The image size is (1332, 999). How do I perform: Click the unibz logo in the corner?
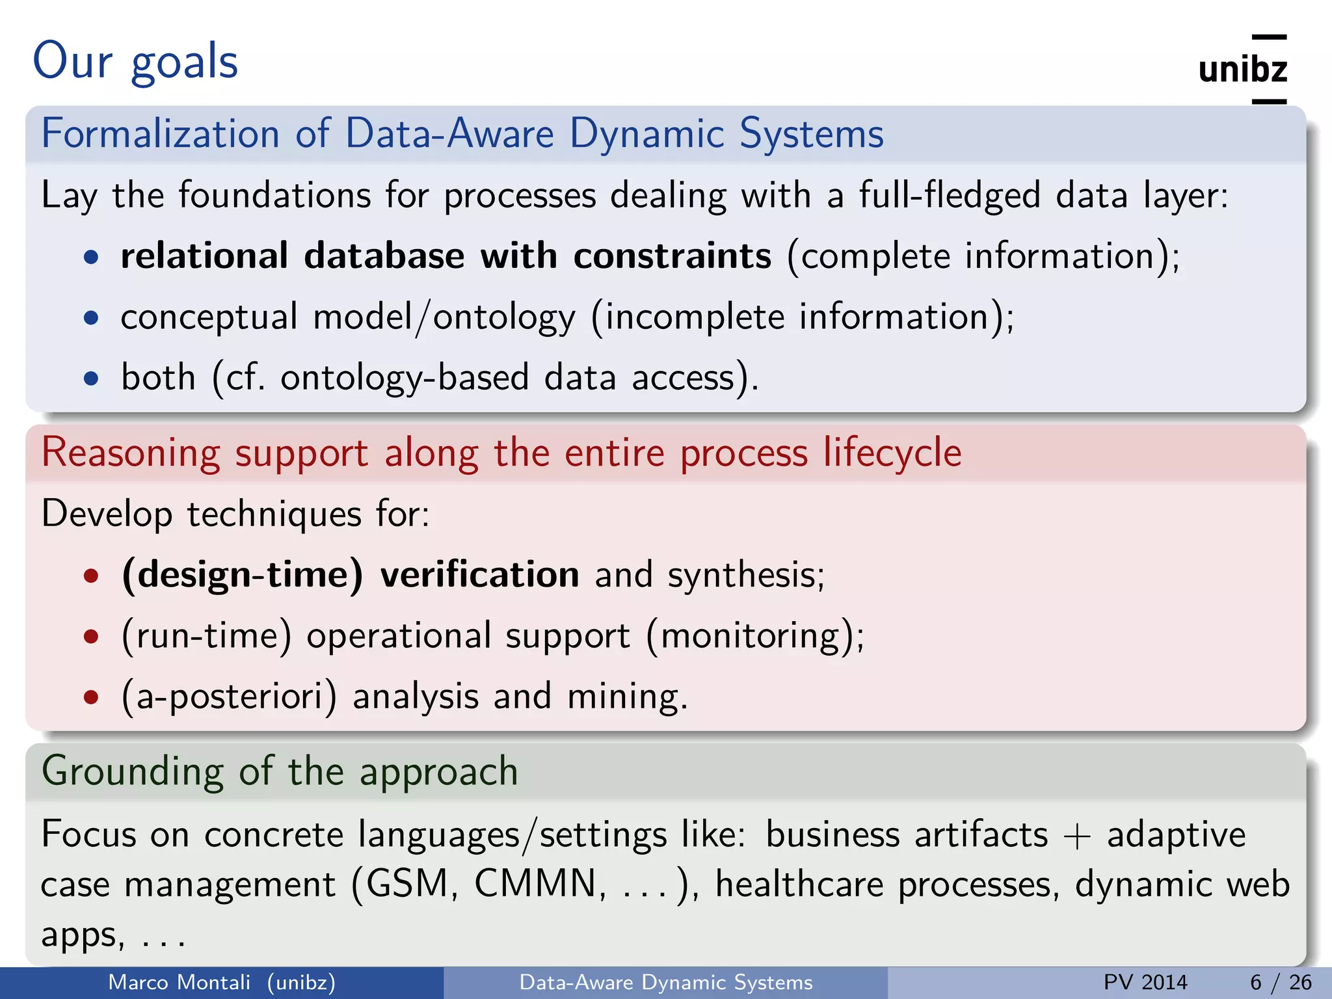[x=1243, y=69]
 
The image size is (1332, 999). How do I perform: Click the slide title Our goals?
[x=135, y=61]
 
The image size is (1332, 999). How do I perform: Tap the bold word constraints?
[x=672, y=256]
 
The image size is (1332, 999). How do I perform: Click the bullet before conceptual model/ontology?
[x=92, y=318]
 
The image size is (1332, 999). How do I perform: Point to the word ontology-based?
[x=405, y=378]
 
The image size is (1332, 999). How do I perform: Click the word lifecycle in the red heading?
[x=892, y=452]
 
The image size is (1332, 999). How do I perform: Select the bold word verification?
[x=479, y=575]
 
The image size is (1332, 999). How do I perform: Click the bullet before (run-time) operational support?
[x=92, y=636]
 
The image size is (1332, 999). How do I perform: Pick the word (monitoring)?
[x=754, y=636]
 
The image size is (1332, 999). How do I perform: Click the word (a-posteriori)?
[x=230, y=697]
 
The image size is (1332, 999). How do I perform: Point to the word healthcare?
[x=799, y=885]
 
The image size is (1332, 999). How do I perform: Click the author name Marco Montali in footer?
[x=179, y=982]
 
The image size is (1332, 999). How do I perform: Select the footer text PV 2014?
[x=1145, y=982]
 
